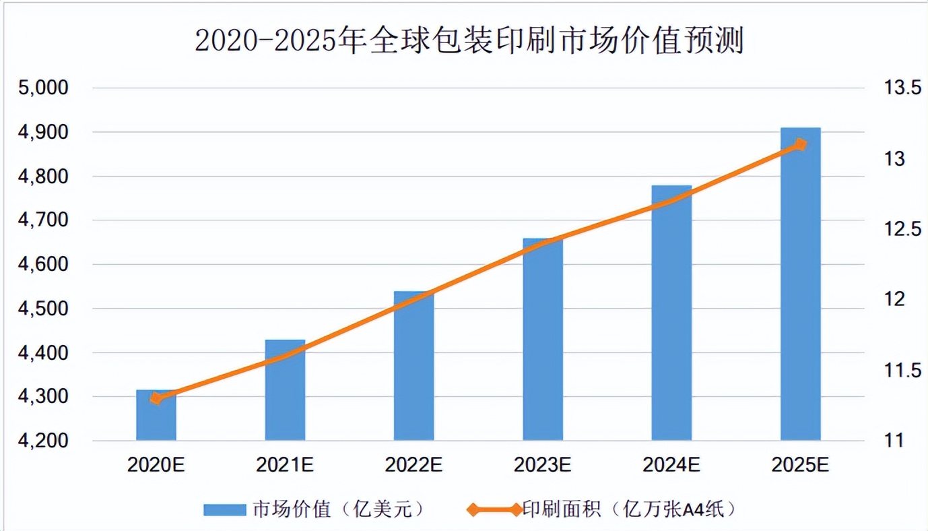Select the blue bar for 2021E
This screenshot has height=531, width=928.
click(x=285, y=391)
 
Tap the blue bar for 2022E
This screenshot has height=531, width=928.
click(x=413, y=367)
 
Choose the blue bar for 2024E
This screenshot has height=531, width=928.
click(x=671, y=313)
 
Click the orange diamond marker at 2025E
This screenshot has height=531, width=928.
click(x=800, y=145)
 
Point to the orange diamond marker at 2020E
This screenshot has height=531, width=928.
click(x=156, y=398)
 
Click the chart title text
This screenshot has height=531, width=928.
click(x=469, y=40)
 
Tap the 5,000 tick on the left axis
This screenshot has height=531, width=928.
click(x=42, y=88)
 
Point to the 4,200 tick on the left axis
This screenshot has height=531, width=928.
click(x=42, y=441)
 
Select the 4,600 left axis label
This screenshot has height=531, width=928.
click(x=42, y=265)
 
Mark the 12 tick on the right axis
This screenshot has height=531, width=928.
click(x=894, y=299)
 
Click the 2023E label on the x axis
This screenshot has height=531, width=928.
click(x=543, y=465)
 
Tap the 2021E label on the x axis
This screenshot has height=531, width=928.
click(x=285, y=465)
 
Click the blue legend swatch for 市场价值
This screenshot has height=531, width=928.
click(x=225, y=509)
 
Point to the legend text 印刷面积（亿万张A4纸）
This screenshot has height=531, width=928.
click(x=630, y=509)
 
